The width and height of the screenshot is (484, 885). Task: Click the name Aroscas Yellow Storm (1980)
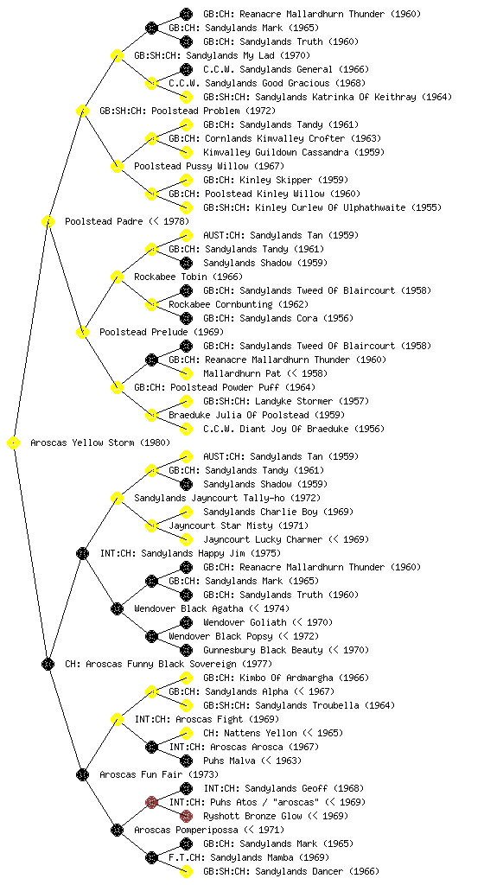coord(100,442)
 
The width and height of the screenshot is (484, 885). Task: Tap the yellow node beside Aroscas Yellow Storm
coord(14,442)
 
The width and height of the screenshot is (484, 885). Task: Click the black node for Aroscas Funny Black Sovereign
coord(48,664)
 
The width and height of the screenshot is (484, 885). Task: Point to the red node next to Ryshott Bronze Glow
coord(186,816)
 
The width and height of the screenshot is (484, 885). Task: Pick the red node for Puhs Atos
coord(151,802)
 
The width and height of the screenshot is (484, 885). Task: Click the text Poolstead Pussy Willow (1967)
coord(209,166)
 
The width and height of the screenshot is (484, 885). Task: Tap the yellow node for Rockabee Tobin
coord(117,277)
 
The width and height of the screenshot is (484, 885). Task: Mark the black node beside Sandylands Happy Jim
coord(82,553)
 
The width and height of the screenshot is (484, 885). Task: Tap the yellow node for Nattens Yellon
coord(186,733)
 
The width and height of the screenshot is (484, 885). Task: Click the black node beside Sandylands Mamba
coord(151,857)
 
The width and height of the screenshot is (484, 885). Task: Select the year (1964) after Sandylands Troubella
coord(379,705)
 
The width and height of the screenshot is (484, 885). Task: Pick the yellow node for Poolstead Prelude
coord(82,332)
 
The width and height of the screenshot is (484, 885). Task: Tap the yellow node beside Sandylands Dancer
coord(186,871)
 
